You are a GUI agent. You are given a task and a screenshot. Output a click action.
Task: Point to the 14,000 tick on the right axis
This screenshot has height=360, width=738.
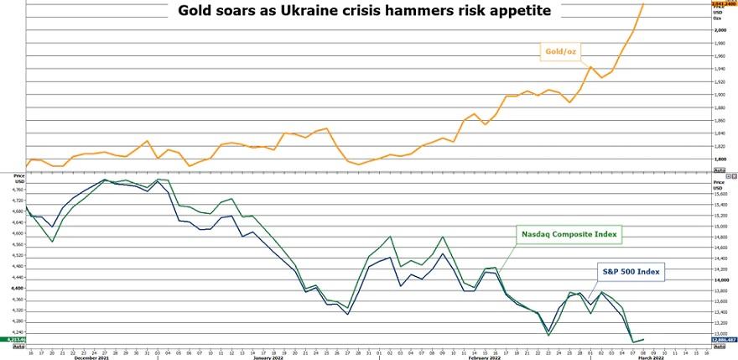point(720,280)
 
